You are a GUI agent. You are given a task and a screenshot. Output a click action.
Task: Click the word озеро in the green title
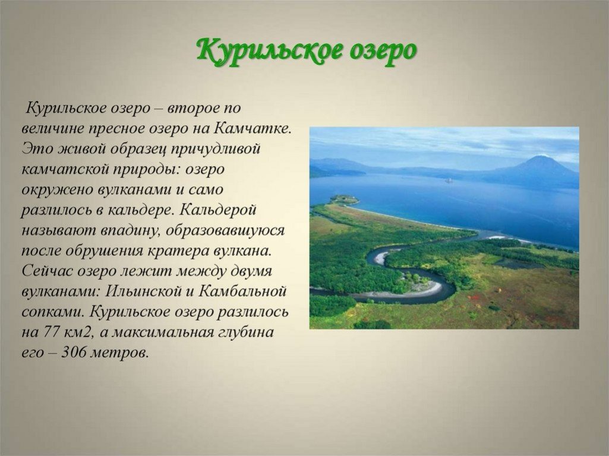383,51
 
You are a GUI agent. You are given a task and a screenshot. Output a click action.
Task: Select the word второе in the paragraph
191,108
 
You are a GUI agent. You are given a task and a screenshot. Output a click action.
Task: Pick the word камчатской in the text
65,169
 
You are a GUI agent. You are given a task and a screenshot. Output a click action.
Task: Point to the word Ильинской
145,291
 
